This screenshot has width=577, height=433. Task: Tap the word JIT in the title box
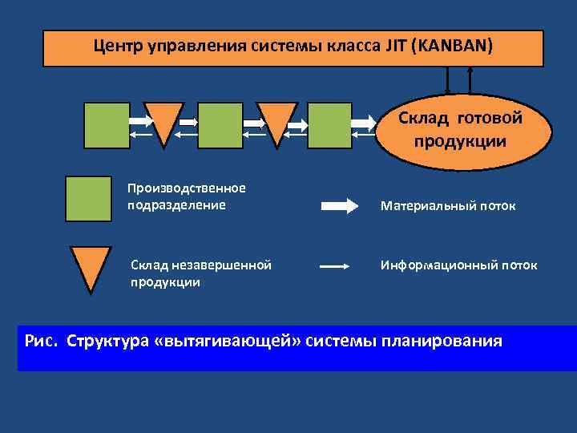pos(397,46)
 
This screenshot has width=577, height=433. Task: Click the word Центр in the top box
pos(119,46)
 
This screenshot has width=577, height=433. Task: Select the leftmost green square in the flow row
pos(107,126)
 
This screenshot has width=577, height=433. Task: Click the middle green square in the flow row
pos(220,126)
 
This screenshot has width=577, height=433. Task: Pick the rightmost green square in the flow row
pos(329,126)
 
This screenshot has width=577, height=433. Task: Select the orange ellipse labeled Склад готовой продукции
pos(460,130)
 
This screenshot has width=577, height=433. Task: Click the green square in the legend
pos(89,199)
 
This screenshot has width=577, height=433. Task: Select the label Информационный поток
pos(458,265)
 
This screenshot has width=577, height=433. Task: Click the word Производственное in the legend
pos(186,188)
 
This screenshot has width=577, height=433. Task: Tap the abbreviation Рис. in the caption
pos(42,341)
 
